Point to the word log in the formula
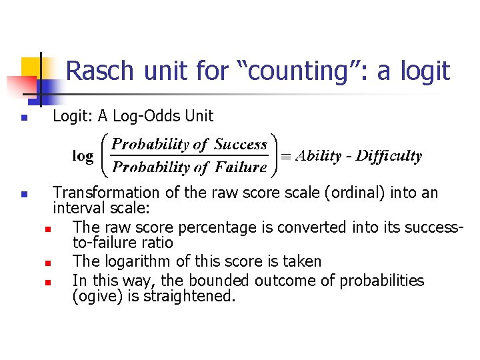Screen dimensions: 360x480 pyautogui.click(x=83, y=156)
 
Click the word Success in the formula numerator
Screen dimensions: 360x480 pyautogui.click(x=241, y=144)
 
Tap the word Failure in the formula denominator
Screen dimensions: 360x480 pyautogui.click(x=241, y=167)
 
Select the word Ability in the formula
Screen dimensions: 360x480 pyautogui.click(x=319, y=156)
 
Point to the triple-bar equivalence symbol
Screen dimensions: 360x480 pyautogui.click(x=285, y=156)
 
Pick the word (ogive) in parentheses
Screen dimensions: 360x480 pyautogui.click(x=95, y=296)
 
